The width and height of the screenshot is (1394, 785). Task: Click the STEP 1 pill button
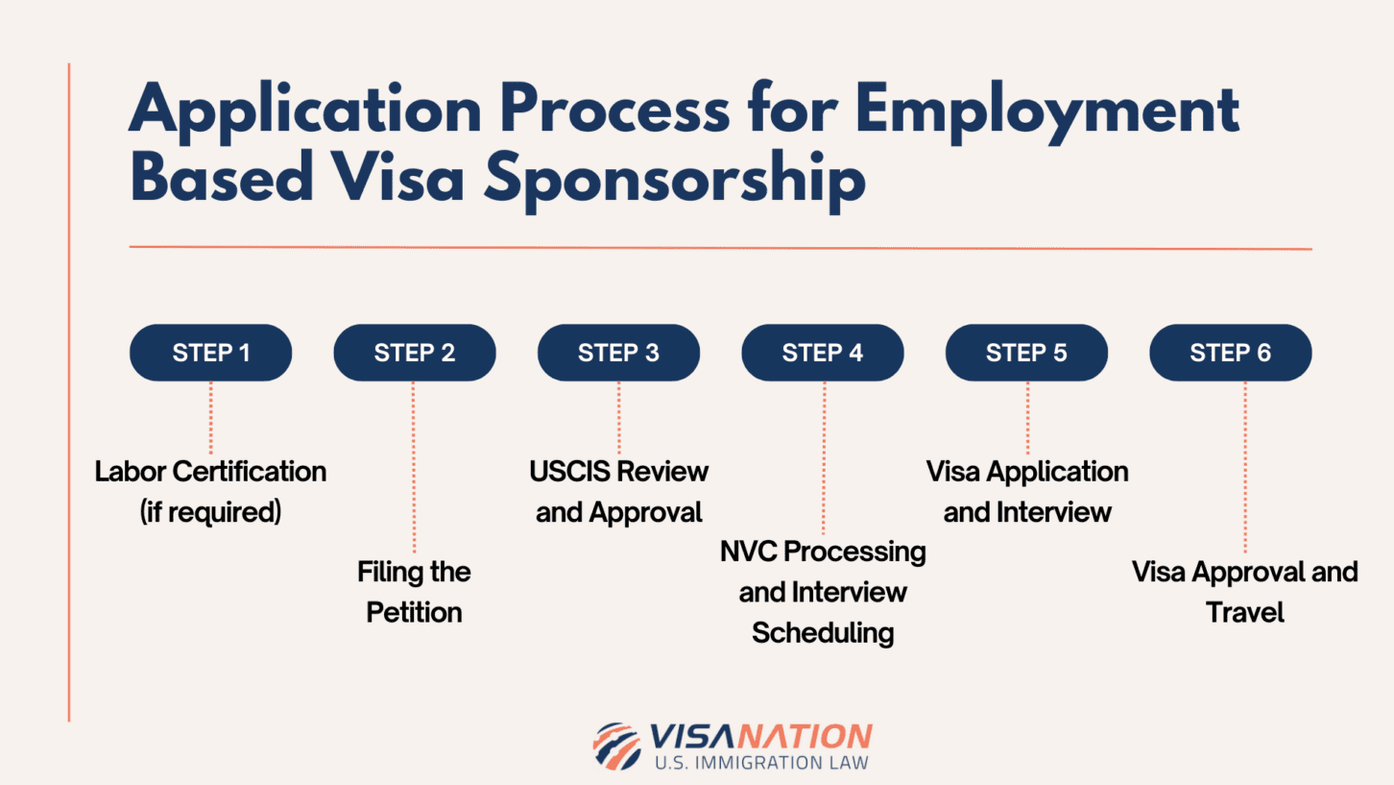point(210,353)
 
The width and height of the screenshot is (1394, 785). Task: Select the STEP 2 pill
point(415,353)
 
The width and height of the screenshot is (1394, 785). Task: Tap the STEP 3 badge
point(618,353)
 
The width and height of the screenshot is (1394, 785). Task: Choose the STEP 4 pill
point(823,353)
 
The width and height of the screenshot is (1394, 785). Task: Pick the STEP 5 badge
point(1026,353)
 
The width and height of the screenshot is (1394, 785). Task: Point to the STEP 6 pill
point(1230,353)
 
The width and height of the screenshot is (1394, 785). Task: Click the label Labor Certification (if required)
point(210,491)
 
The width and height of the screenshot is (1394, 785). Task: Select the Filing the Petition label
point(415,592)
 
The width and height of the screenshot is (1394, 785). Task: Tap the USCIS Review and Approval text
point(618,491)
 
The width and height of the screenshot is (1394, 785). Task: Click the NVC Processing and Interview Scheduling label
point(823,592)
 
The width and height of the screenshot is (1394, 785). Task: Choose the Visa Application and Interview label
point(1026,491)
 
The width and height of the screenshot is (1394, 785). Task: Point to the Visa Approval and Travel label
point(1244,592)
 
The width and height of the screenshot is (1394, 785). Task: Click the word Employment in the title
point(1046,110)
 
